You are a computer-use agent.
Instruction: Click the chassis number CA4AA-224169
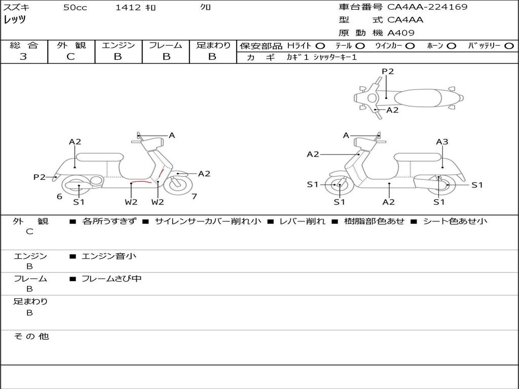427,7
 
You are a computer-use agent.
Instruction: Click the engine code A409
400,33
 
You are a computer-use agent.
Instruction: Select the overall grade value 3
23,56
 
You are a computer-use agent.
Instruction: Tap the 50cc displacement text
75,7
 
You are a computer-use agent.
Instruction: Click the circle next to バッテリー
509,46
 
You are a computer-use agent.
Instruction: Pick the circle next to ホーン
451,46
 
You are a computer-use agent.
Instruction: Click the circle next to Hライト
320,46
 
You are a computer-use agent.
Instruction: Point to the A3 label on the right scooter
442,142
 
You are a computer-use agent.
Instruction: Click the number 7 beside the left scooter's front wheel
194,197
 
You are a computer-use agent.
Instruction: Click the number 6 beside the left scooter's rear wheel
60,197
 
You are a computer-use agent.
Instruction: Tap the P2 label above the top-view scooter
388,71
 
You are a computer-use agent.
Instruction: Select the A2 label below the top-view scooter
392,110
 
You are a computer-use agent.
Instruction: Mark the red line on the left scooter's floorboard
141,182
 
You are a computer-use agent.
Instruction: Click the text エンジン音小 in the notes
109,256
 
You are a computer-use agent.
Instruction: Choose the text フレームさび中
112,279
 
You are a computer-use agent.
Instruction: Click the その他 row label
31,336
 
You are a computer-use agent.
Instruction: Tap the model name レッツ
15,20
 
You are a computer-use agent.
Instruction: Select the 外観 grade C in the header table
71,57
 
